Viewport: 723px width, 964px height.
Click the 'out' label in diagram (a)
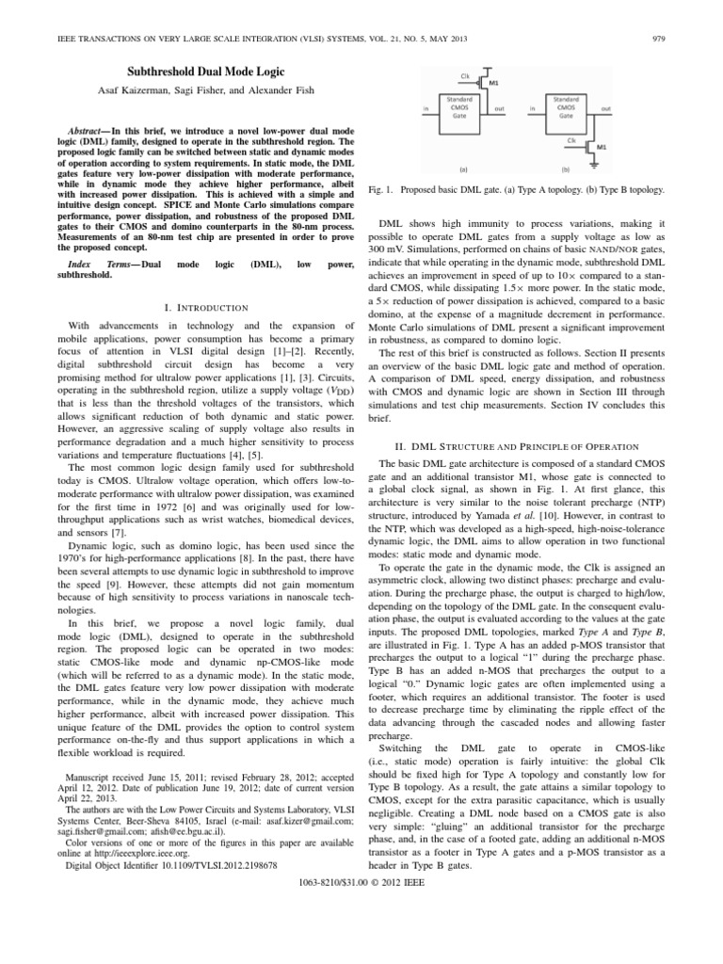pyautogui.click(x=499, y=107)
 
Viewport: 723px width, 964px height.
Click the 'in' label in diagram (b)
pyautogui.click(x=532, y=107)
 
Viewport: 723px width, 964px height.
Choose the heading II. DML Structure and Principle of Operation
pyautogui.click(x=518, y=444)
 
